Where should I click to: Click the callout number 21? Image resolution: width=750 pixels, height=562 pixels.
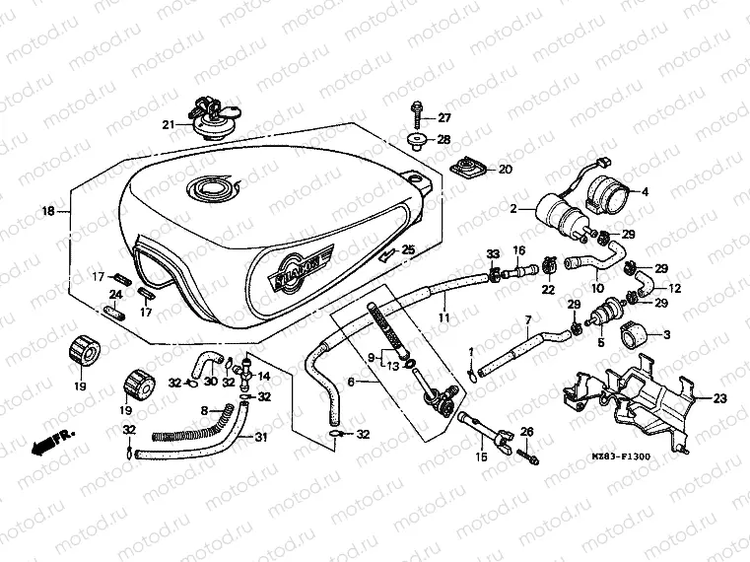[x=169, y=124]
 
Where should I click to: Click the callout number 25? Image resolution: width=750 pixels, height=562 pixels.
[x=408, y=250]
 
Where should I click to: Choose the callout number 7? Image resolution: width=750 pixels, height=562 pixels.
[x=527, y=320]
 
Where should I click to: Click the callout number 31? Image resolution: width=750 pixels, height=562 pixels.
[x=259, y=438]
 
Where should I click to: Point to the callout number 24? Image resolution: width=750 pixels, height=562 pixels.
[x=115, y=294]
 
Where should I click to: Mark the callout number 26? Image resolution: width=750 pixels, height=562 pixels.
[x=526, y=431]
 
